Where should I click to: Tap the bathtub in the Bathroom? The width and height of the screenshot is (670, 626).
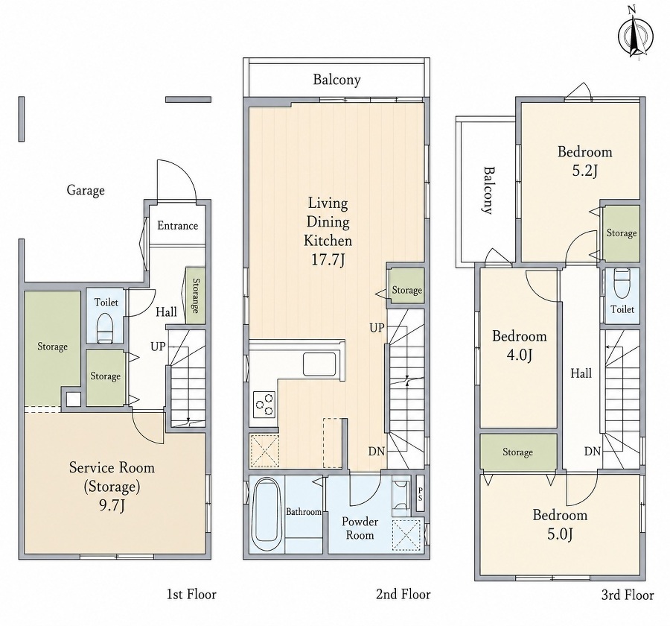pyautogui.click(x=267, y=514)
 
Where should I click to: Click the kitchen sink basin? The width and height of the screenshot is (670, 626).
pyautogui.click(x=320, y=364)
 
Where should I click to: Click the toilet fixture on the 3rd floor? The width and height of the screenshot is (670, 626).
pyautogui.click(x=622, y=283)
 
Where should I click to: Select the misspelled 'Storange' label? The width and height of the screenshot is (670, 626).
pyautogui.click(x=195, y=296)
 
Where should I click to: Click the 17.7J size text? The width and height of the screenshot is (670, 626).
pyautogui.click(x=328, y=259)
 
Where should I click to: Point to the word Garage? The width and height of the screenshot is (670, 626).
pyautogui.click(x=86, y=190)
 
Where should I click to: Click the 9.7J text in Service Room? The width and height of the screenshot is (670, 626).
pyautogui.click(x=112, y=505)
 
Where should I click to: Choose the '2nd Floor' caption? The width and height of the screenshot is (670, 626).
pyautogui.click(x=403, y=594)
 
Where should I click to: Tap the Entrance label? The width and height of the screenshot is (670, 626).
pyautogui.click(x=177, y=226)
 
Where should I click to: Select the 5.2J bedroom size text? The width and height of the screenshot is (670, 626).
pyautogui.click(x=584, y=171)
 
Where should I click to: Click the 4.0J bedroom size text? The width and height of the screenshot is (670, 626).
pyautogui.click(x=519, y=355)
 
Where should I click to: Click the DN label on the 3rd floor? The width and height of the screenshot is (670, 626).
pyautogui.click(x=593, y=451)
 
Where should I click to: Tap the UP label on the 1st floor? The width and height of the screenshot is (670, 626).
pyautogui.click(x=158, y=346)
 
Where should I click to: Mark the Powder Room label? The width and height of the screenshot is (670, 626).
pyautogui.click(x=360, y=528)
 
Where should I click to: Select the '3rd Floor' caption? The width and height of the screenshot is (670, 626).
pyautogui.click(x=628, y=595)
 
